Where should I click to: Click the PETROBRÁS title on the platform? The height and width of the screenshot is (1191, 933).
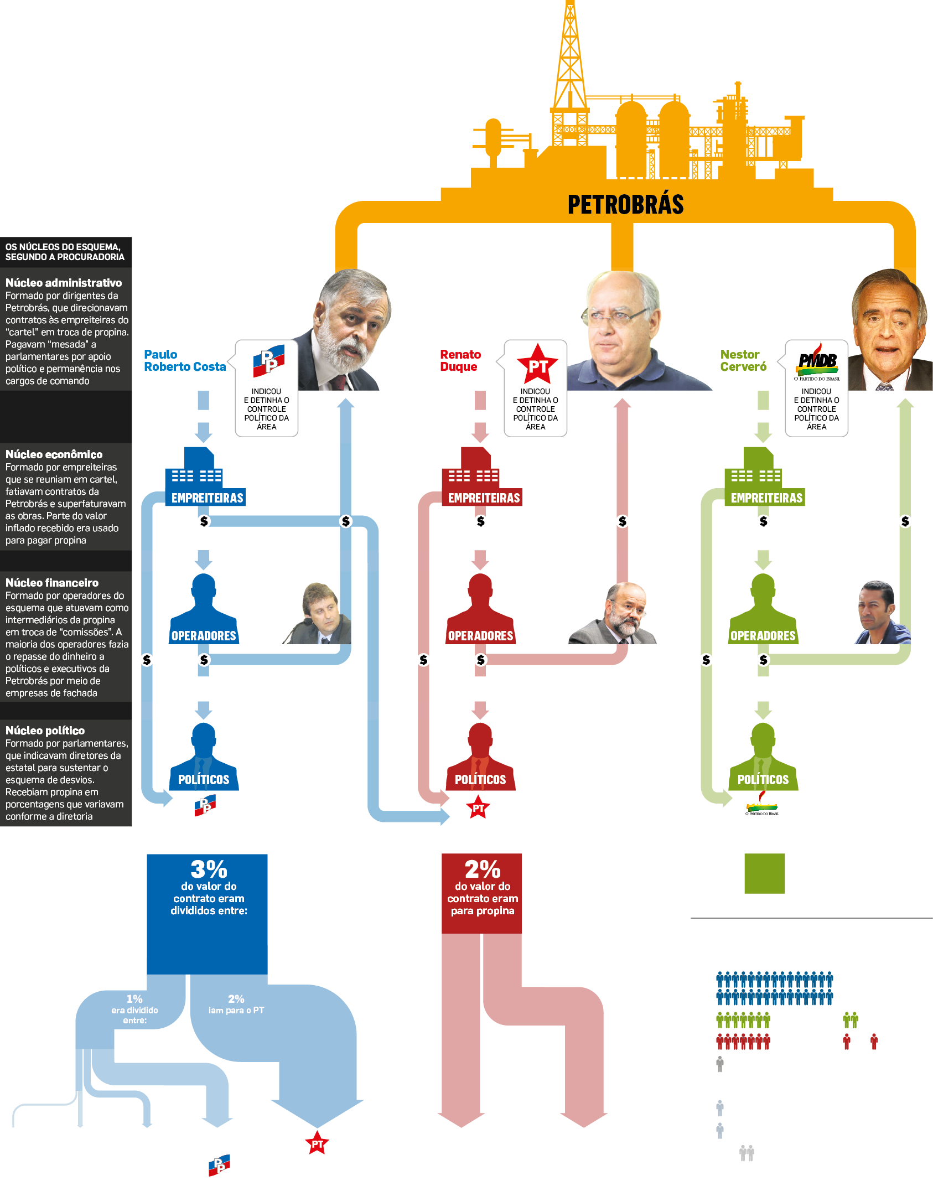(x=625, y=204)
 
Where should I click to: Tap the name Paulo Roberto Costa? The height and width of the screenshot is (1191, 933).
(x=184, y=360)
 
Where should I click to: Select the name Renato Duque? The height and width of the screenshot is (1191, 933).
(x=460, y=360)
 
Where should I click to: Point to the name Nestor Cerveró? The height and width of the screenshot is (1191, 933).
(x=743, y=360)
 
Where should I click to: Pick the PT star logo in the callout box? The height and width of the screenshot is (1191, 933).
(x=536, y=364)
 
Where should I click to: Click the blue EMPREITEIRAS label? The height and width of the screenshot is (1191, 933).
(x=207, y=498)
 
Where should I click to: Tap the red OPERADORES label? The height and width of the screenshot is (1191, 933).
(x=480, y=636)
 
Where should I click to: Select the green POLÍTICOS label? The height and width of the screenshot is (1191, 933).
(x=763, y=780)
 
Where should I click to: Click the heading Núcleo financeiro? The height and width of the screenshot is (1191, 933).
(x=52, y=583)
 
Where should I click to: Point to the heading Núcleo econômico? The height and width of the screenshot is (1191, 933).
(x=54, y=454)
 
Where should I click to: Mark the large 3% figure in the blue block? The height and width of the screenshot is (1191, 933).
(x=209, y=869)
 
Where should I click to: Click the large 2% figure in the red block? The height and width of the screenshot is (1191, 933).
(x=482, y=869)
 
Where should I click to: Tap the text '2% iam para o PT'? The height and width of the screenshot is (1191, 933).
(x=236, y=1004)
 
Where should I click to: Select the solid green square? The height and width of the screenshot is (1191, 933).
(x=764, y=873)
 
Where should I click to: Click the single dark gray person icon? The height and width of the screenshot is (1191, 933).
(x=719, y=1063)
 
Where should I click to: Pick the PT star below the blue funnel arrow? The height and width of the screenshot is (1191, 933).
(x=317, y=1144)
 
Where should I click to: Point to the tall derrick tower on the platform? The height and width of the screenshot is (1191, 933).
(x=570, y=61)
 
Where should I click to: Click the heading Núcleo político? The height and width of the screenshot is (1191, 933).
(x=45, y=731)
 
